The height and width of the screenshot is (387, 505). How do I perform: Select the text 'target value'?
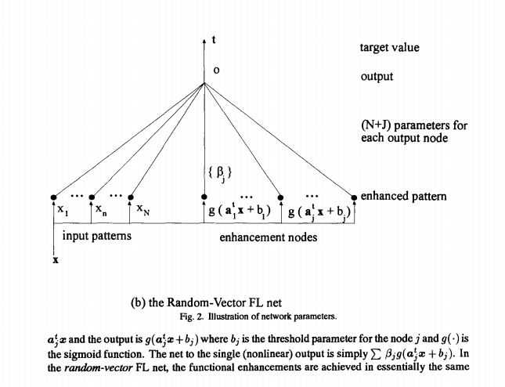389,48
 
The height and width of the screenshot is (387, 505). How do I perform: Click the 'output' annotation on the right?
377,77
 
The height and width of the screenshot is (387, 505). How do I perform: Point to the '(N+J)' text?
377,125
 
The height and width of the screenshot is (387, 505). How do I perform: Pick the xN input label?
144,210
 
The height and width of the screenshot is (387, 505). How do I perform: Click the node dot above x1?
53,197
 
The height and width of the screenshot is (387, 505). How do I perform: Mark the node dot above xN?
130,197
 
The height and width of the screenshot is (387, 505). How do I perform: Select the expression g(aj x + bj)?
321,212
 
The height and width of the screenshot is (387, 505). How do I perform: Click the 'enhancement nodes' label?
267,236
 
